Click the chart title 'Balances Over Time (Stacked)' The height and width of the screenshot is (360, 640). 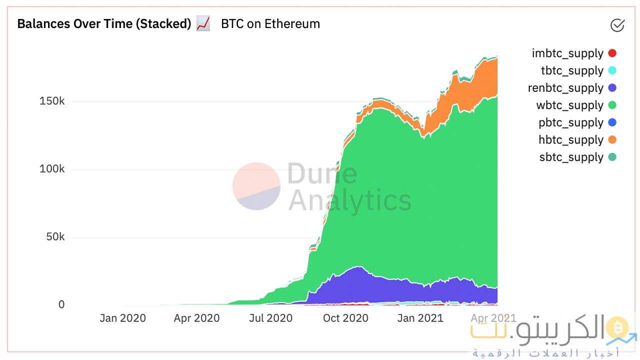(104, 23)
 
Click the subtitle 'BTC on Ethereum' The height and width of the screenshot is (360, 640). (270, 23)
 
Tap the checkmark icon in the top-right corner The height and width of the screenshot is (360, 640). (617, 25)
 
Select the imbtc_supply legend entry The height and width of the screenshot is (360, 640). (567, 53)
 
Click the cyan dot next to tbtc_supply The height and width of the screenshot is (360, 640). (612, 70)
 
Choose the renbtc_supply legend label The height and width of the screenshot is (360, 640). (565, 88)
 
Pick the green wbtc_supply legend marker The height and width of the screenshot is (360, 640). (612, 105)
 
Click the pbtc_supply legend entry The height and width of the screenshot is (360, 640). (570, 122)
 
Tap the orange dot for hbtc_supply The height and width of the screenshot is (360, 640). (612, 140)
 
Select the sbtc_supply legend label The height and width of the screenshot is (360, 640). (571, 157)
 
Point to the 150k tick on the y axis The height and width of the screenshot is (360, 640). (52, 101)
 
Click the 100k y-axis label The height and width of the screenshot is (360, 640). (52, 169)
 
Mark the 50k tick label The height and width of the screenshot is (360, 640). (55, 236)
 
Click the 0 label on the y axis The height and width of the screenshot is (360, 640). (61, 304)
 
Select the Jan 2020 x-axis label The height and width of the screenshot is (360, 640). (122, 318)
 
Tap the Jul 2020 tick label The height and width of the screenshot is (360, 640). (271, 318)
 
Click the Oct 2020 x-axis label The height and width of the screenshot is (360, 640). (345, 318)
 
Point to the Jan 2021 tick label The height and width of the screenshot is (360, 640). (420, 318)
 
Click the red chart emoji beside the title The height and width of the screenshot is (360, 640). (203, 23)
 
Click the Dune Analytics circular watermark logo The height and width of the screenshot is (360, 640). (256, 186)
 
